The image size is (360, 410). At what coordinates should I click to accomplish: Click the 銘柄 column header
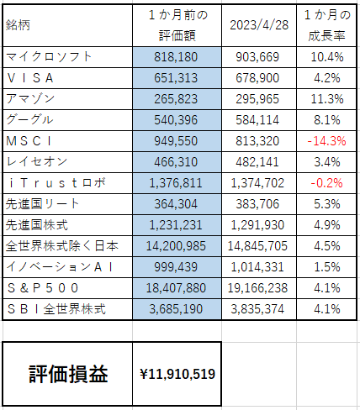click(x=18, y=25)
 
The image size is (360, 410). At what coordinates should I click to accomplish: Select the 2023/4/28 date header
click(x=259, y=25)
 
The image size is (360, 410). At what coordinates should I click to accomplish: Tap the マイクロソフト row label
click(x=49, y=57)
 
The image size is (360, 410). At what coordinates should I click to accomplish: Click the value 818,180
click(x=176, y=57)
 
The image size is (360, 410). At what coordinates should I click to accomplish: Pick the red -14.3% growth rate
click(x=326, y=141)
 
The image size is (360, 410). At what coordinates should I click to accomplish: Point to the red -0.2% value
click(x=326, y=183)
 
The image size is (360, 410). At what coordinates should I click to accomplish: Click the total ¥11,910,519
click(x=177, y=374)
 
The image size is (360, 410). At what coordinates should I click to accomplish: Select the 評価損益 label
click(x=68, y=374)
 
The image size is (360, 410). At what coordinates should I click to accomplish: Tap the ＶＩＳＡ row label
click(x=30, y=78)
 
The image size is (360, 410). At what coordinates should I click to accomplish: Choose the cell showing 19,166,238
click(x=257, y=288)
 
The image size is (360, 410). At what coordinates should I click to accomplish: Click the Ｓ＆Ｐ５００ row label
click(x=43, y=288)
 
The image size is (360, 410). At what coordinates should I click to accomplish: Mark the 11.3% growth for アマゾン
click(x=327, y=99)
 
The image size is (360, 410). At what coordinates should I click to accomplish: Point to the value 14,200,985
click(x=176, y=246)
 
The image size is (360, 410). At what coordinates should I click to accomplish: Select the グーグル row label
click(x=29, y=120)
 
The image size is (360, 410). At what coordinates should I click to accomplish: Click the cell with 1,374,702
click(x=257, y=183)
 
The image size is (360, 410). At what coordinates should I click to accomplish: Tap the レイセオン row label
click(x=37, y=162)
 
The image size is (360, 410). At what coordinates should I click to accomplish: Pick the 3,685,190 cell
click(x=176, y=309)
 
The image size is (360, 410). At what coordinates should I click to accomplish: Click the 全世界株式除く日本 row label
click(x=62, y=246)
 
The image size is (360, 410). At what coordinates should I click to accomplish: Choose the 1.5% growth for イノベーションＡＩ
click(x=327, y=267)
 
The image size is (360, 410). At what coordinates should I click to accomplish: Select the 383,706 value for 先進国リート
click(x=257, y=204)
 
